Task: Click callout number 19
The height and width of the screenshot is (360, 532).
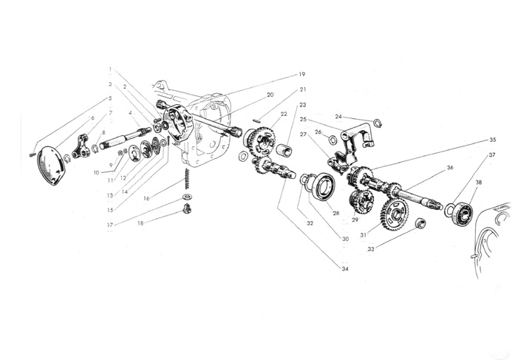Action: tap(302, 74)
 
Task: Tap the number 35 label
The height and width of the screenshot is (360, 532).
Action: tap(492, 139)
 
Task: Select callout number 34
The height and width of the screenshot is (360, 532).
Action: tap(344, 268)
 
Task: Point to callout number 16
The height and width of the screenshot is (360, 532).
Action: tap(147, 198)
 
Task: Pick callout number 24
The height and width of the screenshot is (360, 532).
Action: tap(338, 116)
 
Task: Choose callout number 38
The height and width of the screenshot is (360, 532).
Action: tap(480, 182)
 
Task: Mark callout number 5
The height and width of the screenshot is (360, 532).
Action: tap(110, 98)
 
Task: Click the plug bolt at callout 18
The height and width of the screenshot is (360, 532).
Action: tap(186, 211)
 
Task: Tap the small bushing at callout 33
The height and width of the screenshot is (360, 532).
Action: tap(419, 223)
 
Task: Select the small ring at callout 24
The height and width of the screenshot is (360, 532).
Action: tap(378, 123)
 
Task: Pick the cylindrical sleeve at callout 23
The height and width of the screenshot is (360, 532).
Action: tap(285, 152)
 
